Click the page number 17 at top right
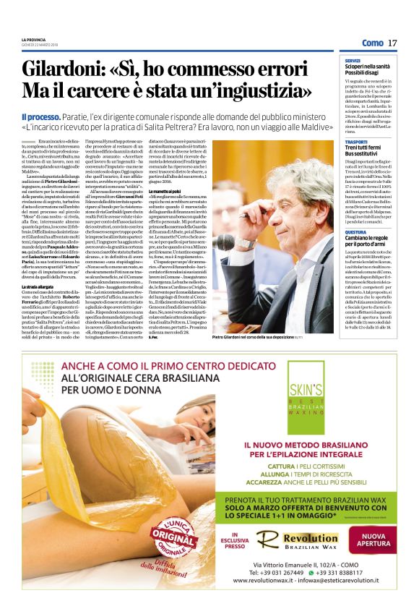pos(392,43)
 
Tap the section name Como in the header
pos(372,43)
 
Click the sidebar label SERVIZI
pos(353,61)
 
